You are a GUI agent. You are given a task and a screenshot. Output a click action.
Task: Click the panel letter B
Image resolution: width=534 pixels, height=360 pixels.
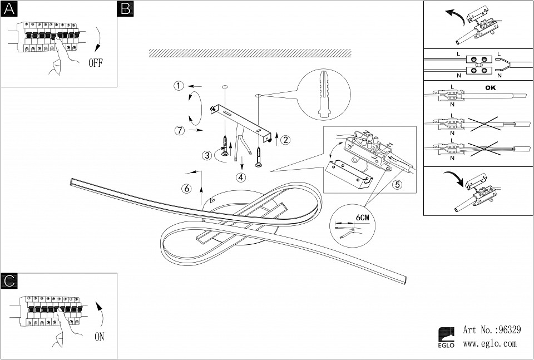coord(126,8)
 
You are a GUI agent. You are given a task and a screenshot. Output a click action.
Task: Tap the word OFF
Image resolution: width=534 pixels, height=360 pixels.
coord(96,62)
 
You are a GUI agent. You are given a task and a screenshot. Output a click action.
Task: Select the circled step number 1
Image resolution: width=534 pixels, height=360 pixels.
coord(178,86)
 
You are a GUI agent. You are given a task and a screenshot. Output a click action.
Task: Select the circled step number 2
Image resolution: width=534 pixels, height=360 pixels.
coord(285,140)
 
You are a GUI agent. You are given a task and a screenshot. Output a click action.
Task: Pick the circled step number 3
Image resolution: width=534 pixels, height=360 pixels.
coord(206,156)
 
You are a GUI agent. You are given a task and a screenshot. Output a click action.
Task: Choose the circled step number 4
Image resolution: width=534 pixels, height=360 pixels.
coord(240,178)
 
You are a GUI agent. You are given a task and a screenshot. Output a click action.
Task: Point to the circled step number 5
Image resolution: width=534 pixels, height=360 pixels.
coord(397,185)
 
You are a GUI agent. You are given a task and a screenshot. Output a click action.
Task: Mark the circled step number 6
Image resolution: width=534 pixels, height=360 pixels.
coord(187,189)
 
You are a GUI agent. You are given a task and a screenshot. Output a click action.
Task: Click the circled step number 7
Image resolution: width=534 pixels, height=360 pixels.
coord(179,131)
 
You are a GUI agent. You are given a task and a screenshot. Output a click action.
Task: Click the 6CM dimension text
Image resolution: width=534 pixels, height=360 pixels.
coord(362,217)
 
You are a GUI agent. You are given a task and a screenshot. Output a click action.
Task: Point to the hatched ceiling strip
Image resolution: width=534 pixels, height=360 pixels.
coord(250,53)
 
